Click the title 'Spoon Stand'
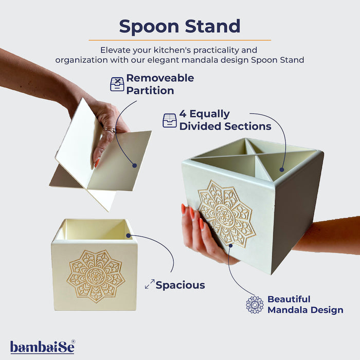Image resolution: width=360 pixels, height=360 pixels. (179, 26)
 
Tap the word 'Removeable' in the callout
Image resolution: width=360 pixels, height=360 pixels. (160, 78)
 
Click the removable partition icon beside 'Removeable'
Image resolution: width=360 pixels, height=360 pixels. (117, 84)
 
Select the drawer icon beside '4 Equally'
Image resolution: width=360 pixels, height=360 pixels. (169, 120)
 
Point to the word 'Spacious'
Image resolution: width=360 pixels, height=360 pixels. (180, 285)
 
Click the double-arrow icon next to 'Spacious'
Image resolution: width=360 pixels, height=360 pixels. (150, 284)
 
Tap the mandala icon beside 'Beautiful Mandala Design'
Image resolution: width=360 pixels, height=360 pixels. (255, 304)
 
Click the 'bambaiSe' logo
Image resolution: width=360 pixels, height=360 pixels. (42, 347)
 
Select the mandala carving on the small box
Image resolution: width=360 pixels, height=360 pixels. (96, 276)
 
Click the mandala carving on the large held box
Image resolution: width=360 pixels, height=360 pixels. (227, 214)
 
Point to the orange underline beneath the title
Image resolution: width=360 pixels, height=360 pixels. (179, 40)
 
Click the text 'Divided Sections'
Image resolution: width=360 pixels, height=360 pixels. (225, 126)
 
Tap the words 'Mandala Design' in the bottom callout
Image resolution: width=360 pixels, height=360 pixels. (305, 310)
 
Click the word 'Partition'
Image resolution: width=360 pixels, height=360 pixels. (150, 91)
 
